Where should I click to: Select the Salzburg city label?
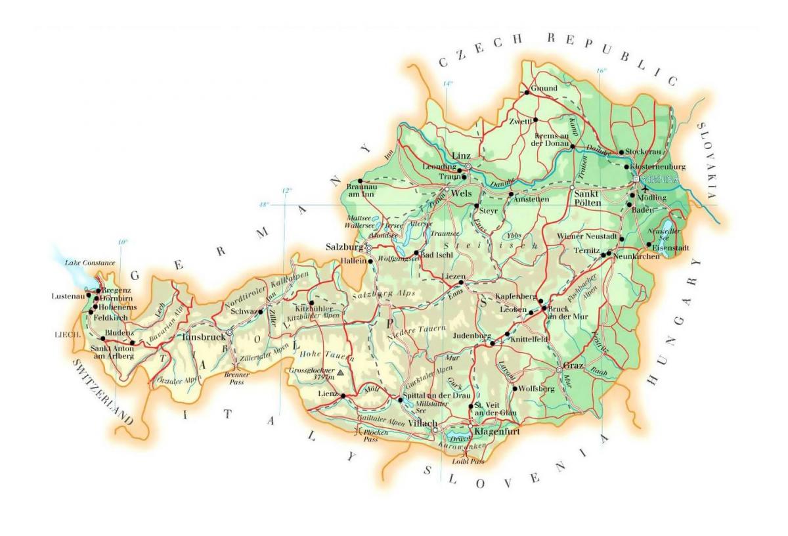click(345, 247)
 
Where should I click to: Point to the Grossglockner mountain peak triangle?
click(340, 372)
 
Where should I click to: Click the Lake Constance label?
click(90, 263)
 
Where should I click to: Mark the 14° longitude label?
click(447, 83)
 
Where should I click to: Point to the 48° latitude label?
click(264, 205)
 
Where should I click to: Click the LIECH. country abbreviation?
click(67, 334)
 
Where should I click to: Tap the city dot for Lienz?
click(343, 395)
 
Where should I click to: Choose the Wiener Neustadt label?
click(586, 236)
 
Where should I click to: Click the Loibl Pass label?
click(468, 462)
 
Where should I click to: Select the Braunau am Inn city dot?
click(359, 181)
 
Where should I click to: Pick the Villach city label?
click(420, 424)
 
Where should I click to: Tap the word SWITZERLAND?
click(102, 392)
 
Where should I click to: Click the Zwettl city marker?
click(535, 120)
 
